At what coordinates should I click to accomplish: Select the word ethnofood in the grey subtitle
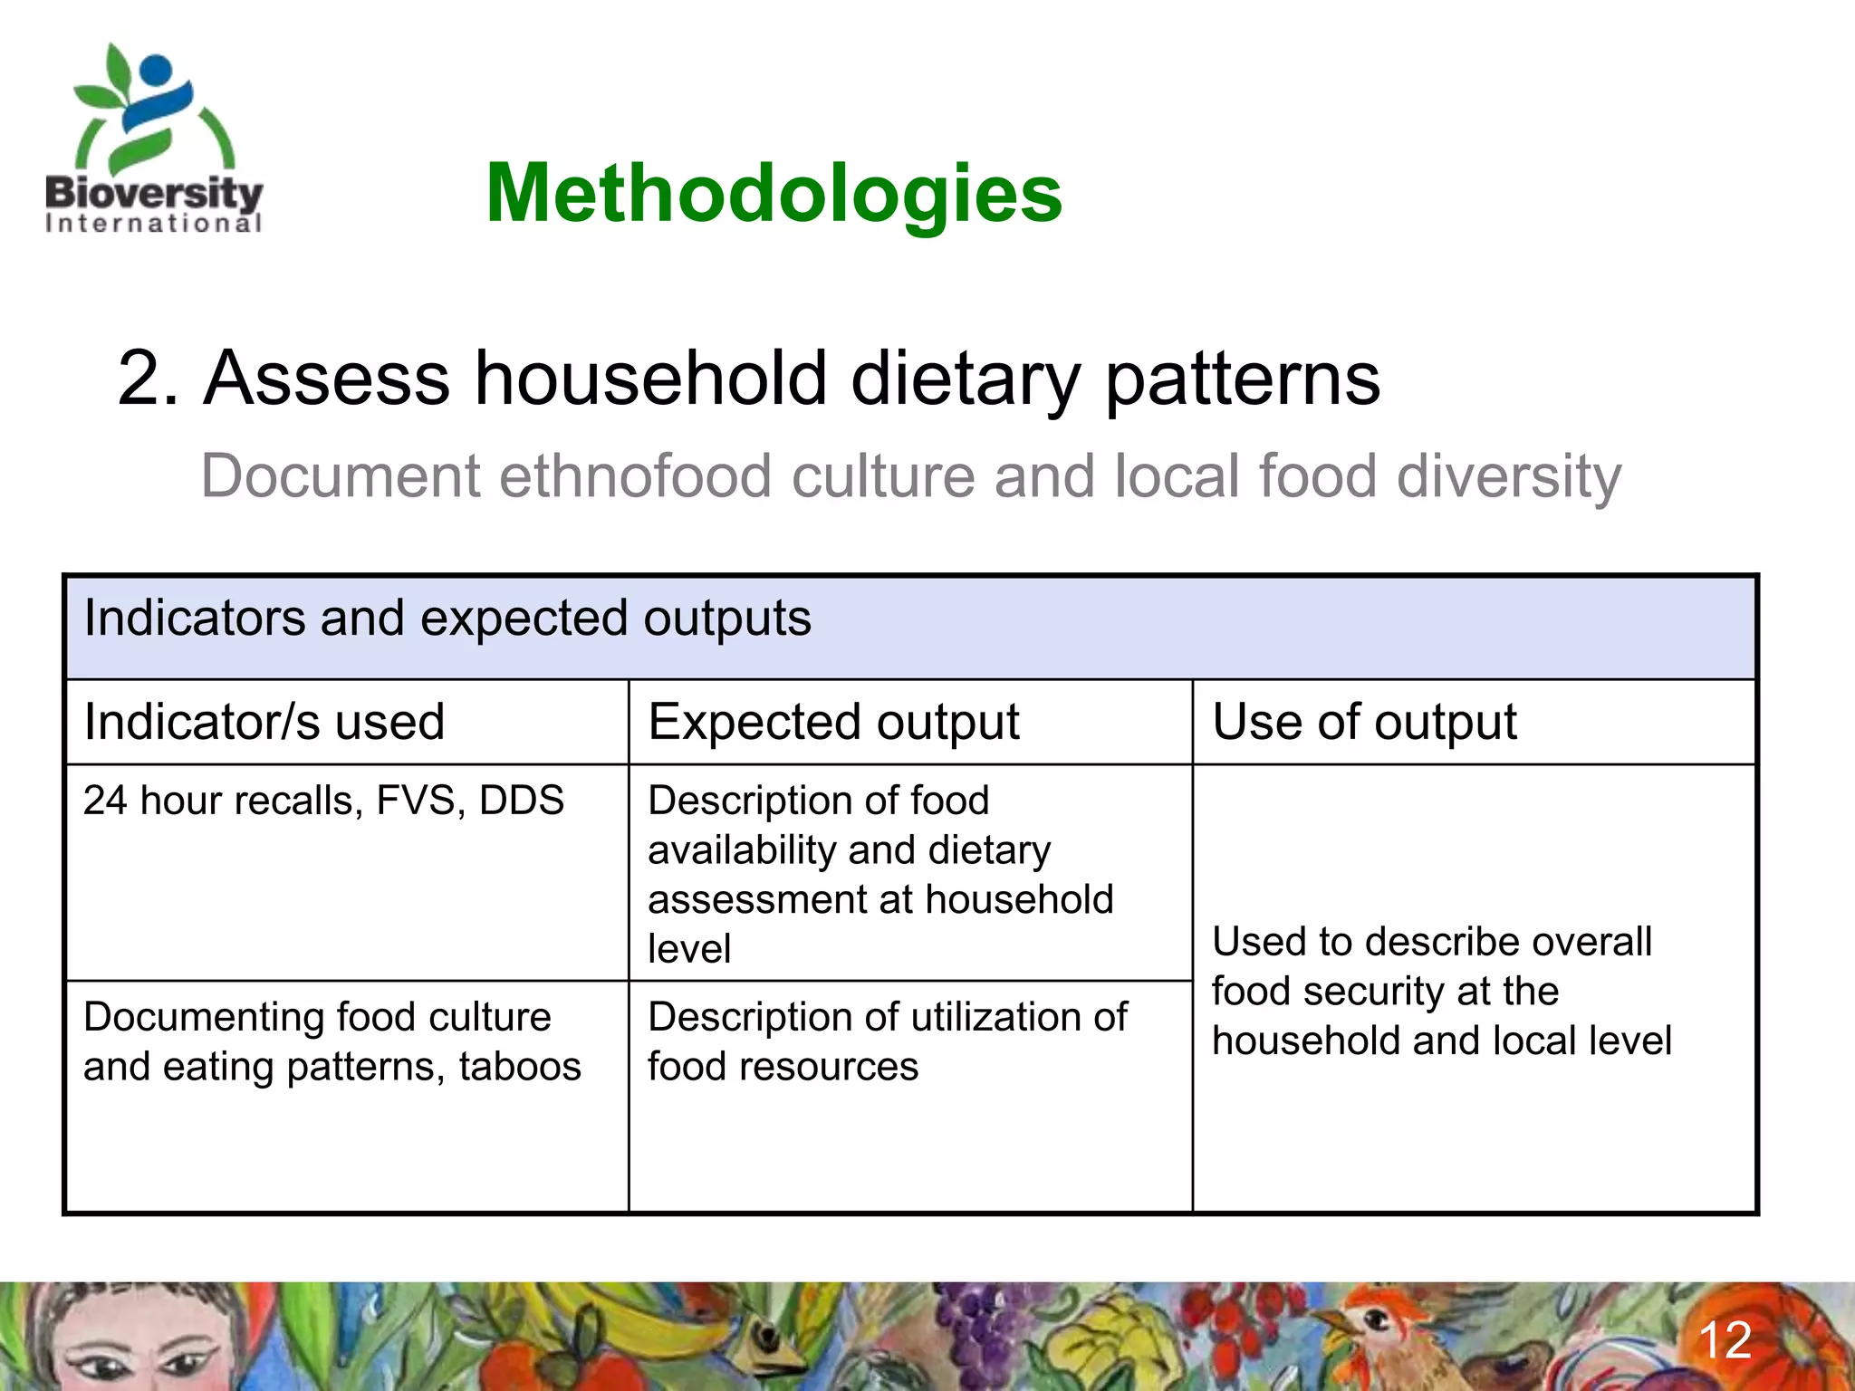pos(635,476)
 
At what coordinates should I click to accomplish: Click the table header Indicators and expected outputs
pos(447,619)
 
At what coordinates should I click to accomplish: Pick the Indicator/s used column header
pos(264,722)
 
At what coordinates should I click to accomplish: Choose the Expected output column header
pos(833,722)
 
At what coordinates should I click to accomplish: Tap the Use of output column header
pos(1363,722)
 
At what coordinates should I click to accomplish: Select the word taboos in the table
pos(520,1067)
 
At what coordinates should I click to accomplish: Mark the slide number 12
pos(1724,1340)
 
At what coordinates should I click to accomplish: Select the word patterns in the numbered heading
pos(1242,378)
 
